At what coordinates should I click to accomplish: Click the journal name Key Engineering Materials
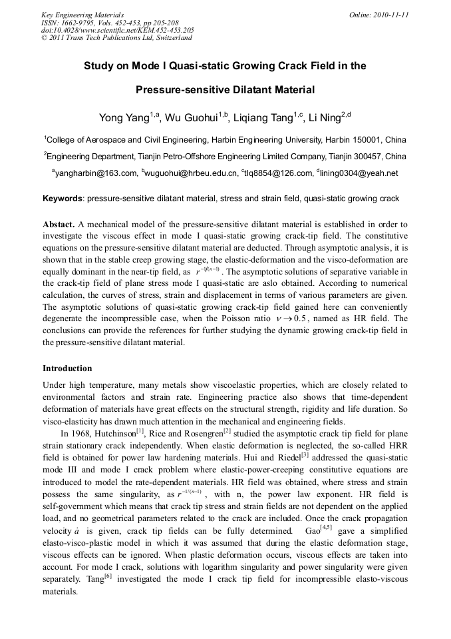coord(82,14)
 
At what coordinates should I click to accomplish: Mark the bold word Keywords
coord(63,199)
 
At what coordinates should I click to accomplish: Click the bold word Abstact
coord(59,224)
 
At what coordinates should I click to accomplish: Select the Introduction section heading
coord(67,368)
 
